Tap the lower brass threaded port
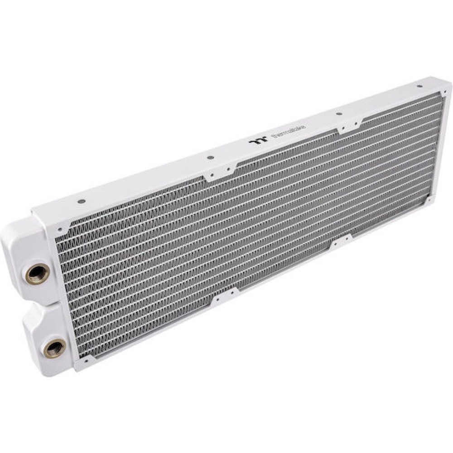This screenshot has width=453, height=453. pyautogui.click(x=54, y=348)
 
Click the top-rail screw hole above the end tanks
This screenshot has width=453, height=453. pyautogui.click(x=80, y=201)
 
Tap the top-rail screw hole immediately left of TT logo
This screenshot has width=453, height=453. pyautogui.click(x=210, y=158)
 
